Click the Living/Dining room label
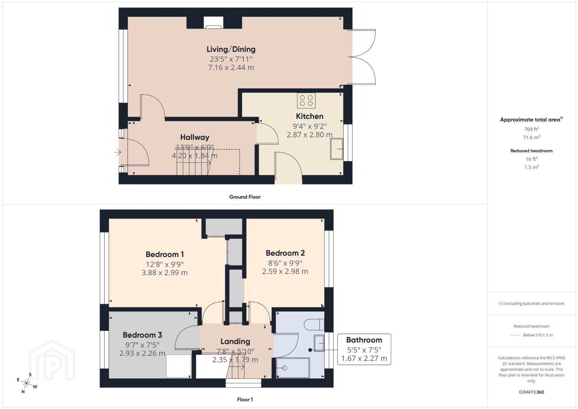(x=231, y=49)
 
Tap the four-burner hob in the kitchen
(x=306, y=100)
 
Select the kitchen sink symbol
(x=337, y=149)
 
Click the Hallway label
(x=195, y=137)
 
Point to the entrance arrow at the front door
(x=118, y=152)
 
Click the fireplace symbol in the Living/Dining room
(x=213, y=22)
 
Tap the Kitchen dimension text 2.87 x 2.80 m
(x=310, y=134)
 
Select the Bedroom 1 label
(x=165, y=254)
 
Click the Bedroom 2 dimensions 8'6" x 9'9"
(x=285, y=263)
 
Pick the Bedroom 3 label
(x=142, y=335)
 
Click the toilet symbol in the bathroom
(x=314, y=325)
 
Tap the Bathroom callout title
(x=364, y=340)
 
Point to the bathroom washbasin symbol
(x=319, y=343)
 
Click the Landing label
(x=235, y=341)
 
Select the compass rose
(x=27, y=383)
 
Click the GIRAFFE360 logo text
(x=531, y=392)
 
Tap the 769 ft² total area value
(x=531, y=129)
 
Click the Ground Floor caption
(x=245, y=197)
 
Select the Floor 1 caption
(x=245, y=400)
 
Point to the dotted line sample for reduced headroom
(x=515, y=336)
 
